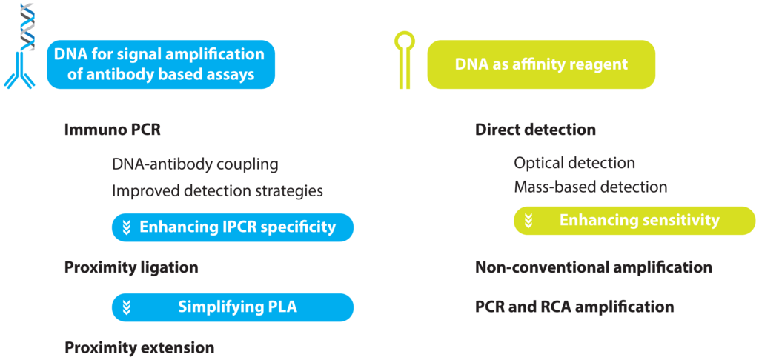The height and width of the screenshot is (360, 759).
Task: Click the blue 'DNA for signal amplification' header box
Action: [x=160, y=64]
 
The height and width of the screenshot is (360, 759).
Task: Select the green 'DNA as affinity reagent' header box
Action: [x=541, y=64]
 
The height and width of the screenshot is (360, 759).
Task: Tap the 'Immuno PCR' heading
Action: [x=113, y=130]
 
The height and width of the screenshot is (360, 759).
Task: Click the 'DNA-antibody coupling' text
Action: [x=195, y=164]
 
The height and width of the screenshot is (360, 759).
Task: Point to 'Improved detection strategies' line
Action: [x=217, y=190]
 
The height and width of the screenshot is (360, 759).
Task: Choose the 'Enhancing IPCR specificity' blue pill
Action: [x=232, y=227]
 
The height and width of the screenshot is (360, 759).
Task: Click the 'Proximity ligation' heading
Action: [x=131, y=267]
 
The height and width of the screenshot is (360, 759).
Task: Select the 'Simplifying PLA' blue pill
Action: [x=232, y=307]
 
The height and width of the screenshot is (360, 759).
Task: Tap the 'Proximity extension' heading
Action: [x=139, y=347]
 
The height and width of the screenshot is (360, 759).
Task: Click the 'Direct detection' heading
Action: [x=535, y=130]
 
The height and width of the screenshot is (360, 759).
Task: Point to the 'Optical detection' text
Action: [x=574, y=163]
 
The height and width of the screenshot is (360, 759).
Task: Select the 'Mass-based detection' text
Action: [x=591, y=187]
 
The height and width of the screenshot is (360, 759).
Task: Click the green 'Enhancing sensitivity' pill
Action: [x=634, y=220]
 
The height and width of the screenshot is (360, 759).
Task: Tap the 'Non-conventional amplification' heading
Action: [x=594, y=267]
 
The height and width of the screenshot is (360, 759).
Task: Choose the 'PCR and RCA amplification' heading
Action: [x=574, y=307]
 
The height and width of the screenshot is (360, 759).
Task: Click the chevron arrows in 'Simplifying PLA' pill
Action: [x=127, y=307]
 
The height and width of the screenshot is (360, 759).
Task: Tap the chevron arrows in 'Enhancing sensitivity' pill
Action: [x=528, y=220]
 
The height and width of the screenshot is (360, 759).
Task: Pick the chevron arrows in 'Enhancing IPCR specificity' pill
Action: [x=127, y=227]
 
